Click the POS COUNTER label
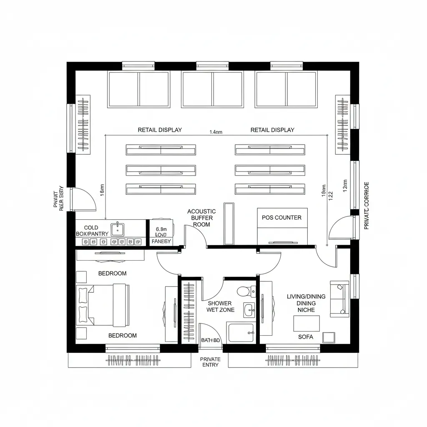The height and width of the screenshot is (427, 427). point(281,217)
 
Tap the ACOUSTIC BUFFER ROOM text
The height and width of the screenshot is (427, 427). point(201,218)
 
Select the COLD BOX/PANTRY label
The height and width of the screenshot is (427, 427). point(92,231)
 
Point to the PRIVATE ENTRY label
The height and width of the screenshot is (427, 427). point(210,362)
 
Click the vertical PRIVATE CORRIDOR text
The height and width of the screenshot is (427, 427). point(367,205)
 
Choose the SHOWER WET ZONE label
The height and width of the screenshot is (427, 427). point(220,306)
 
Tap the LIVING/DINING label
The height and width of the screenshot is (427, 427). point(306,296)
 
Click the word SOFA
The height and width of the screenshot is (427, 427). point(306,337)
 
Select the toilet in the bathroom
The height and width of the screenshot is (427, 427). point(244,290)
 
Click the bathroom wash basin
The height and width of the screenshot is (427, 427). point(249,309)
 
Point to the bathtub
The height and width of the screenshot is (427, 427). point(241,332)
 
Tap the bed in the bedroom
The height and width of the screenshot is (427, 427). point(102,305)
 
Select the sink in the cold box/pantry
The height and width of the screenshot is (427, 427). point(118,228)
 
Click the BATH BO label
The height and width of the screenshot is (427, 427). point(210,340)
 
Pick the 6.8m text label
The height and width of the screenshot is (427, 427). point(161,229)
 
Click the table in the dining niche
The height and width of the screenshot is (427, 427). point(306,323)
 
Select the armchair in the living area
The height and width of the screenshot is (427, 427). point(339,298)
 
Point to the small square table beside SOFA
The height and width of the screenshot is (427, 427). point(329,337)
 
